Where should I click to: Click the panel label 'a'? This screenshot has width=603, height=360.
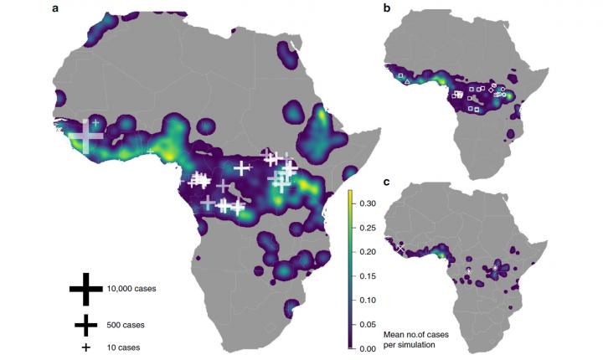click(55, 8)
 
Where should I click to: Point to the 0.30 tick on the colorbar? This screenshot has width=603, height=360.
click(368, 203)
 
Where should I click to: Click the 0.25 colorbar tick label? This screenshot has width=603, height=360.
click(368, 227)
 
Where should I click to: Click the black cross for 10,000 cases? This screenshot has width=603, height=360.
click(85, 288)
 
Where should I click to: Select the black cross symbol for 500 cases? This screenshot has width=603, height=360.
click(85, 324)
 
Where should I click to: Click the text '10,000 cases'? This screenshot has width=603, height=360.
click(131, 289)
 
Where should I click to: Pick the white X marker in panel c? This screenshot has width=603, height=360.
click(401, 249)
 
